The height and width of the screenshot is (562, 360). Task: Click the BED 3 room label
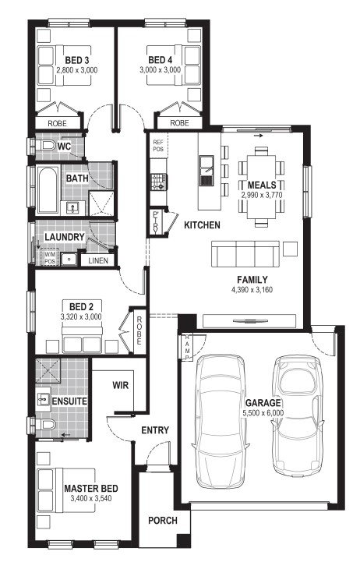77,60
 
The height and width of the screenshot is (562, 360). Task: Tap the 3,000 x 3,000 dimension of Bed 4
160,69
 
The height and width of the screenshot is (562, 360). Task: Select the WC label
64,147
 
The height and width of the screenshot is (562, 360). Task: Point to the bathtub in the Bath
48,189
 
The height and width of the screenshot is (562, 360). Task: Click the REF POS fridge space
158,145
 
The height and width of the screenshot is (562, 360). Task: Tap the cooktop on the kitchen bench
158,182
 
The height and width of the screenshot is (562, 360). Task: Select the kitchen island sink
206,170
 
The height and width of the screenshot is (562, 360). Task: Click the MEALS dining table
261,186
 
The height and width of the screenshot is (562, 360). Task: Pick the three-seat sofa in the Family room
245,254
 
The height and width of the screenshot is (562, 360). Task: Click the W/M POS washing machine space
50,257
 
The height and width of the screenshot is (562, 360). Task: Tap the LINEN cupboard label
98,260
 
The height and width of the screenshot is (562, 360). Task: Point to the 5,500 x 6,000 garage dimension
263,413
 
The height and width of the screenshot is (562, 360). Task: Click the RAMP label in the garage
187,348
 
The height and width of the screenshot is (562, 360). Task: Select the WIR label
120,385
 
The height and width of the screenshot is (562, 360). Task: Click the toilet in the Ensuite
45,425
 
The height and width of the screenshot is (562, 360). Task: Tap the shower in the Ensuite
48,370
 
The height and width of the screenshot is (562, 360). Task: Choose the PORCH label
163,520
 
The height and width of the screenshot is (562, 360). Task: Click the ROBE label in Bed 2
139,330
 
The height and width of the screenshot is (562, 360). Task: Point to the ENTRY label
155,429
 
